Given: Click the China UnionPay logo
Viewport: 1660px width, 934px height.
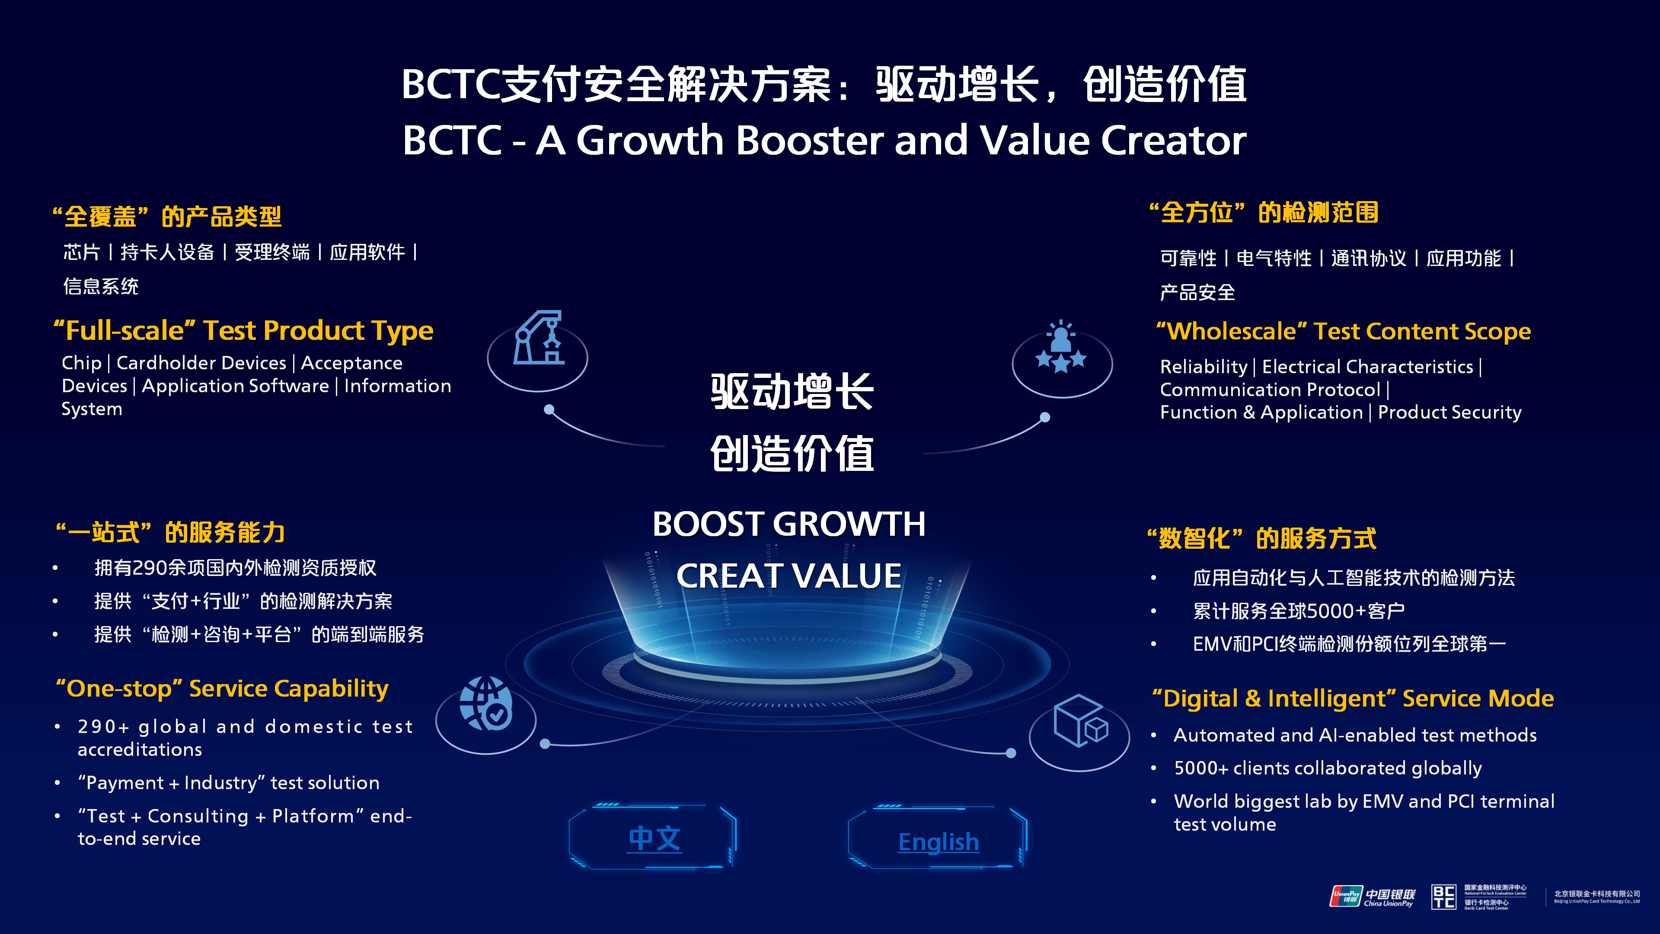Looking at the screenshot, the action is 1373,897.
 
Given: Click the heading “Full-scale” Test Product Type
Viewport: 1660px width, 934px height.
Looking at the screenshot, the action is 243,331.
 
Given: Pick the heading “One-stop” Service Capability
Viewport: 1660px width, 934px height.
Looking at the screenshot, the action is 222,688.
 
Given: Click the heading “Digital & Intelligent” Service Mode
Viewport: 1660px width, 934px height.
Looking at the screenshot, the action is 1353,698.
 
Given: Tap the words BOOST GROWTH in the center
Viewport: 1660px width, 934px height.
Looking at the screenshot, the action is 789,523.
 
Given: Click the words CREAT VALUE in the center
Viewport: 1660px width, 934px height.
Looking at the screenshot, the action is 789,576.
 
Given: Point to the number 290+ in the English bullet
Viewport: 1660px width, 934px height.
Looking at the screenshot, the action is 104,727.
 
